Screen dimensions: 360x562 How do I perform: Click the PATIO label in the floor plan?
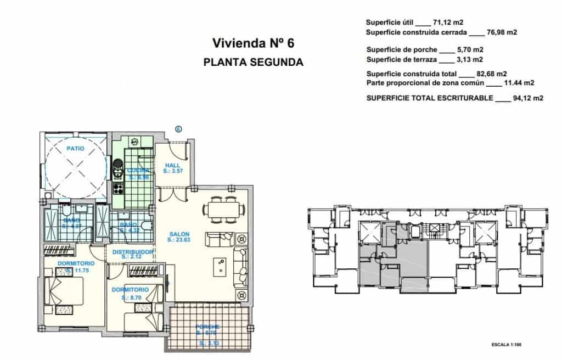click(75, 149)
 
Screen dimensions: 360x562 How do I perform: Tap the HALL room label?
click(172, 165)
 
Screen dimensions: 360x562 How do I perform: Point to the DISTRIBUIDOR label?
click(133, 251)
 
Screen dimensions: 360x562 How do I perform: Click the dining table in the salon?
click(223, 209)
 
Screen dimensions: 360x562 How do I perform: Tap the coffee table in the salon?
click(221, 266)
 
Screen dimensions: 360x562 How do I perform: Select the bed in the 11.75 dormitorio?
click(64, 291)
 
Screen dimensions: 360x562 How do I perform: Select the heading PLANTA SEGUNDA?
click(253, 62)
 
